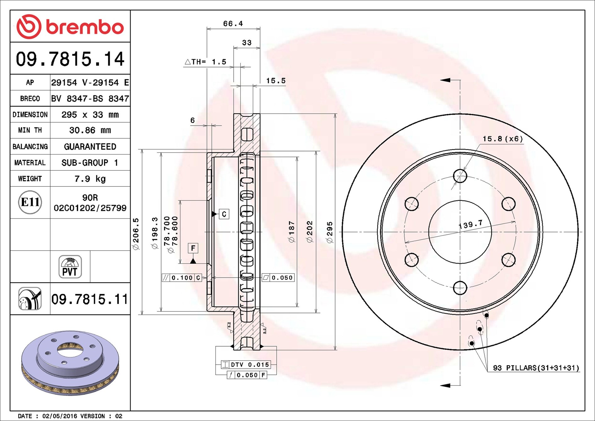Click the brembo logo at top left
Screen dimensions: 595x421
70,26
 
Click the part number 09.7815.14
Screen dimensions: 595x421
70,59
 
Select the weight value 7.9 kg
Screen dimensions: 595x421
90,179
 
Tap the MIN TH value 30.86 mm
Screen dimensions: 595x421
90,130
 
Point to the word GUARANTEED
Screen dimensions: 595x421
90,147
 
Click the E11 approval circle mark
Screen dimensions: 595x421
30,202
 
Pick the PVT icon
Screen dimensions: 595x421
70,267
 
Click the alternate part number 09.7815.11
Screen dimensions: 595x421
90,299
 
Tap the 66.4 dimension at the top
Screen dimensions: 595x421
233,24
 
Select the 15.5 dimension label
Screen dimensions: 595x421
276,81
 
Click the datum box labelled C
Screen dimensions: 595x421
224,214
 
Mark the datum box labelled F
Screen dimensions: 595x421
193,248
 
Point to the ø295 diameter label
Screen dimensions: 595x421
329,232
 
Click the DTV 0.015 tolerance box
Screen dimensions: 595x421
245,364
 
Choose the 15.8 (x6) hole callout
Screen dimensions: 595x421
503,139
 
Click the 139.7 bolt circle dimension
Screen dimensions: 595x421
471,224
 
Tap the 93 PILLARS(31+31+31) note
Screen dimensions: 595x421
536,368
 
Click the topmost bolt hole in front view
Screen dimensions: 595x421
460,176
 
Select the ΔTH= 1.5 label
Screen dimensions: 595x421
205,62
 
